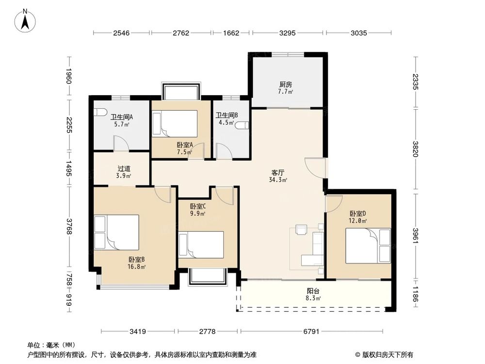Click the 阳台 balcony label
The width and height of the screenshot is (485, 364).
[313, 292]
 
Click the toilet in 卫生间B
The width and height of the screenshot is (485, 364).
[242, 125]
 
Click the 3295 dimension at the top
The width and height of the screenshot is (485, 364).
[288, 33]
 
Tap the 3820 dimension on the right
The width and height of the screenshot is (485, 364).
[415, 149]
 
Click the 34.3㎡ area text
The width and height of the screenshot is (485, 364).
[278, 180]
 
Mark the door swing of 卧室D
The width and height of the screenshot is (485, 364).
[334, 203]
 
